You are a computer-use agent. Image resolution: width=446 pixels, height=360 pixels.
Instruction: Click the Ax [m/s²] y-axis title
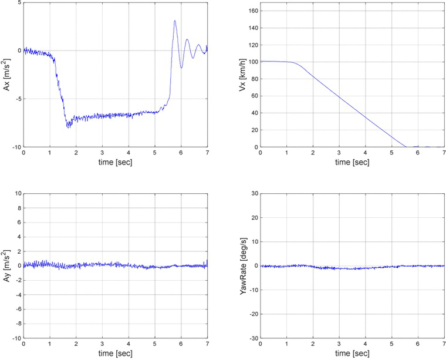[x=7, y=75]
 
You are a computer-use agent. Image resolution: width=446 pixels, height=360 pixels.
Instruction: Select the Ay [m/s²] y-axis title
[x=7, y=265]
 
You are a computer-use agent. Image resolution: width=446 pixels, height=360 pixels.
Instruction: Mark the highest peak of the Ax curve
[x=174, y=21]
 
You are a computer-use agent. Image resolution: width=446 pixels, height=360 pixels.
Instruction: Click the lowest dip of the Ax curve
[x=69, y=127]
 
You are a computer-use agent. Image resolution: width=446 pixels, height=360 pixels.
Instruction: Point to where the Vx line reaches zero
[x=406, y=146]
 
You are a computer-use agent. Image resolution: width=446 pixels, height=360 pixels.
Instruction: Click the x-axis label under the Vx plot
[x=352, y=163]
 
